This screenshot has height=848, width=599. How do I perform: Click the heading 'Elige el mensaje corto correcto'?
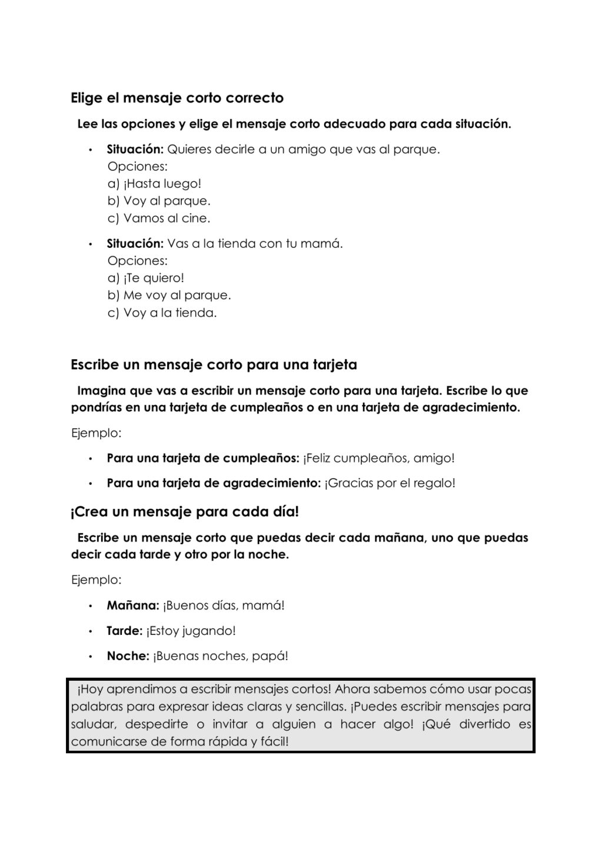coord(177,98)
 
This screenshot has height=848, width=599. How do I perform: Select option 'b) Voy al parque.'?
coord(159,201)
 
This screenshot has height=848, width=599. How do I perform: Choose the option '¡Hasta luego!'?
coord(162,184)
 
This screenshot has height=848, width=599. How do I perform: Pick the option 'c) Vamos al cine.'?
coord(159,218)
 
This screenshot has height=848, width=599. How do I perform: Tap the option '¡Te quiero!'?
coord(154,278)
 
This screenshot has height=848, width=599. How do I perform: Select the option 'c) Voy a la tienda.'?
coord(162,313)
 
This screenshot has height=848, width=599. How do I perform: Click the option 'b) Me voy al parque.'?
coord(169,295)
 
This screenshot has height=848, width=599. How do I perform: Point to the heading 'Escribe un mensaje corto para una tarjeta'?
coord(214,365)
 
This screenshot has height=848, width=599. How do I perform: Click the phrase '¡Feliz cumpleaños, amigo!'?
coord(379,458)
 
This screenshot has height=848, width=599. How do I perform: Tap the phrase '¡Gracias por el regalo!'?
coord(390,483)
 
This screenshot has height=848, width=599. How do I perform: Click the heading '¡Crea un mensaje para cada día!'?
coord(185,512)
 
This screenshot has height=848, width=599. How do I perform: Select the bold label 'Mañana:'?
coord(133,605)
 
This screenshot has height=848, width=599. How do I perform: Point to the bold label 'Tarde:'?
coord(125,631)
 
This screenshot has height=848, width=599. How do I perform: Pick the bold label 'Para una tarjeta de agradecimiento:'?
coord(214,483)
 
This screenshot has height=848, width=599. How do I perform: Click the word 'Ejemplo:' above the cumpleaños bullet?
coord(96,433)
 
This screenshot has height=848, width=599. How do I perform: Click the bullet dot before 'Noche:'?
coord(91,656)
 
